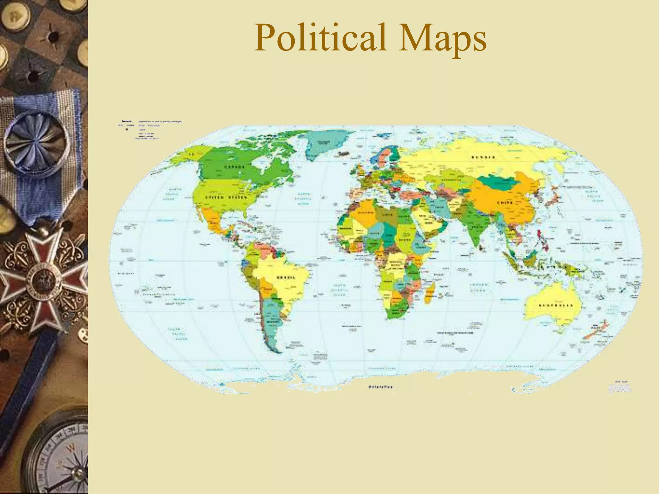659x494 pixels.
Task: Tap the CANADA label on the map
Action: [x=234, y=167]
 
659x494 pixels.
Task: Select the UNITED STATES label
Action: [x=226, y=197]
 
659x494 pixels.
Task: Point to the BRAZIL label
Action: [x=286, y=277]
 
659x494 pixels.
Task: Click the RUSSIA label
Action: [x=483, y=157]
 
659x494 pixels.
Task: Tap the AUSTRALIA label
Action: [x=555, y=305]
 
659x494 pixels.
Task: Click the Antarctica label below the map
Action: [x=380, y=387]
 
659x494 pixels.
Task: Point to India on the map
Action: [x=476, y=225]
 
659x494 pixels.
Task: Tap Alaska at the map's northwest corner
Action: [x=187, y=154]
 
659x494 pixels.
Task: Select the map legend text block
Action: [x=150, y=129]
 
